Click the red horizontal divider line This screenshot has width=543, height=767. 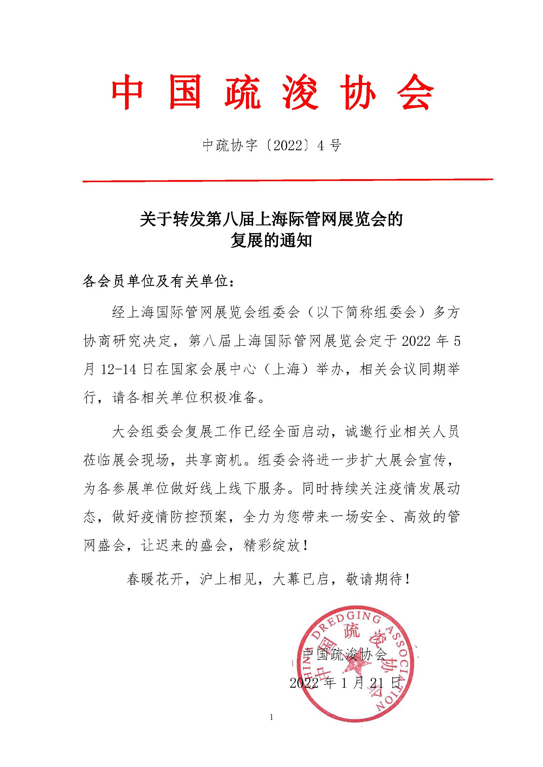[x=288, y=181]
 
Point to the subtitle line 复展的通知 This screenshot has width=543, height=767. [x=271, y=241]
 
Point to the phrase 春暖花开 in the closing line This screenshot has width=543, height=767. [x=155, y=579]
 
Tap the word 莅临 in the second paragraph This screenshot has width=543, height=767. [x=97, y=460]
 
